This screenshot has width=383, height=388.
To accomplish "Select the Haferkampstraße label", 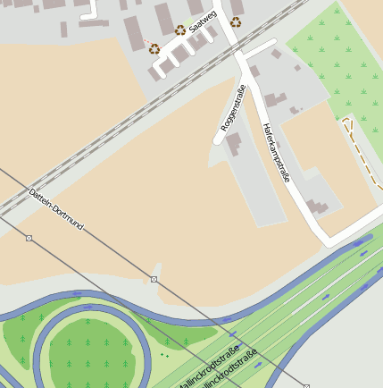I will (x=275, y=153).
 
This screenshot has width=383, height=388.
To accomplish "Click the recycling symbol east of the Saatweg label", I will (x=236, y=22).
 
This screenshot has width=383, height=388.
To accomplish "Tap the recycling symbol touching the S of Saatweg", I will (x=180, y=30).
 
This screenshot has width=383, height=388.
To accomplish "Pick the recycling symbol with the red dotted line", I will (x=154, y=49).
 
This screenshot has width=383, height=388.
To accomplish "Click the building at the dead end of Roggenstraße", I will (x=234, y=144).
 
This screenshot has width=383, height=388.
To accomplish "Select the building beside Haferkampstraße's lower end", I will (x=317, y=207).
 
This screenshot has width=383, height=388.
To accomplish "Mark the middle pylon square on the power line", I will (x=154, y=280).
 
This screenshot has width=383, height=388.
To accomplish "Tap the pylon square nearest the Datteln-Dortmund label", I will (x=29, y=238).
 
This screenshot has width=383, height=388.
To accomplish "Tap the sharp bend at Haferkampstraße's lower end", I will (x=329, y=241).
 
